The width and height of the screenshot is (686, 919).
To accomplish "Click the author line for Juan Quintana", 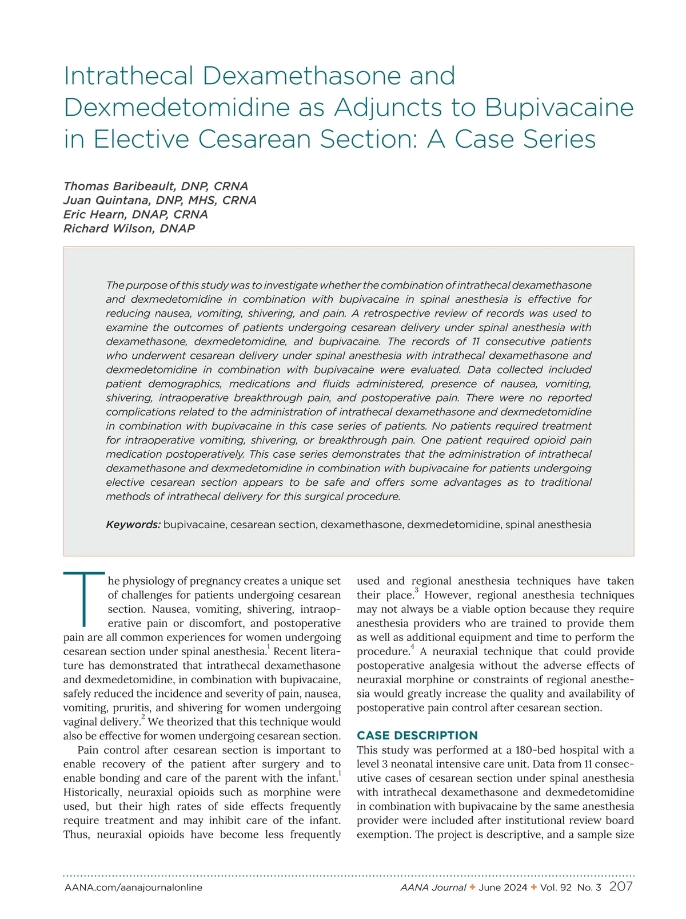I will coord(159,200).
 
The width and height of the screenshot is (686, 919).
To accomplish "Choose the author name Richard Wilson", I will coord(129,229).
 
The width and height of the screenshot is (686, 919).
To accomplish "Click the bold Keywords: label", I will coord(133,525).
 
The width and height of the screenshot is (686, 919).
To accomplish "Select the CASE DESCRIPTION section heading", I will coord(417,736).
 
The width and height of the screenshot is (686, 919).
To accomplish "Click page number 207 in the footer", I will coord(621,887).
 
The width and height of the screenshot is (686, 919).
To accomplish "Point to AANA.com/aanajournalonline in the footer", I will coord(133,888).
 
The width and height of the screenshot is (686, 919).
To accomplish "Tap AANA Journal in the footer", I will coord(433,888).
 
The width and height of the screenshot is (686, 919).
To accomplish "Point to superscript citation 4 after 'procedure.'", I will coord(412,647).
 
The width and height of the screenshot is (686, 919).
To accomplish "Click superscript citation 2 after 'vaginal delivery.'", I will coord(143,718).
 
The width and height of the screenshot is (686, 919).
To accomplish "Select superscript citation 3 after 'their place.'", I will coord(416,591).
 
